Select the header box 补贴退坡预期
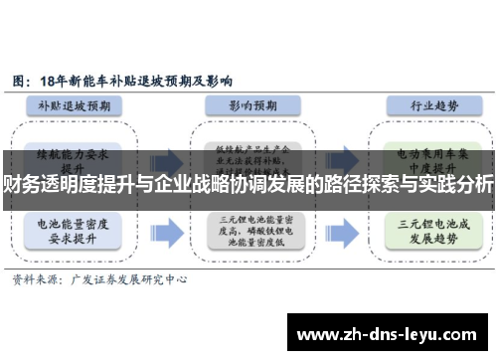(81, 104)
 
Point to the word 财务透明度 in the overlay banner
(44, 184)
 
